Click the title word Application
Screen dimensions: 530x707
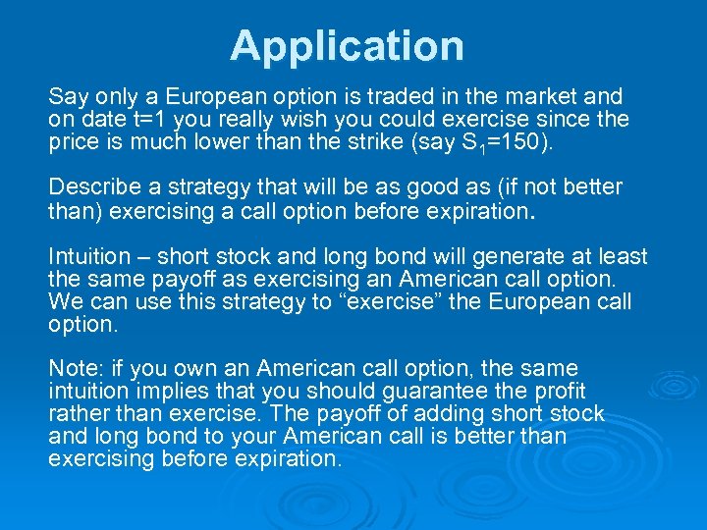coord(347,46)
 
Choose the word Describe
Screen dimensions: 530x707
coord(92,186)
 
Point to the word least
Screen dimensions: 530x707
coord(624,257)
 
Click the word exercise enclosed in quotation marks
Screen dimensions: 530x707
coord(388,301)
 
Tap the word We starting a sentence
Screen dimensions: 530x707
coord(65,301)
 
